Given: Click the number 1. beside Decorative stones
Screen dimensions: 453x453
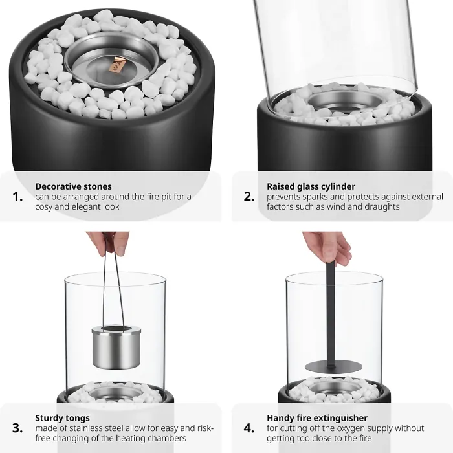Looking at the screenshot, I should pyautogui.click(x=18, y=197).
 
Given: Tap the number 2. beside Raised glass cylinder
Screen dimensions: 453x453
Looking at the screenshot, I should pyautogui.click(x=249, y=197).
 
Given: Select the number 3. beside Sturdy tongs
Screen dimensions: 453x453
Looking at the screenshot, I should pyautogui.click(x=18, y=428).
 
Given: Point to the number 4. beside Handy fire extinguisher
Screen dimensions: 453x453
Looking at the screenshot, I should pyautogui.click(x=249, y=428).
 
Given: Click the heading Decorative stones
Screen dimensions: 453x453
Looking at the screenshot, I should pyautogui.click(x=73, y=187).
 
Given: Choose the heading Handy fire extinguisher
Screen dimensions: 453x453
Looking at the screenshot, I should pyautogui.click(x=317, y=418).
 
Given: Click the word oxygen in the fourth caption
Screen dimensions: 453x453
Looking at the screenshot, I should pyautogui.click(x=357, y=428).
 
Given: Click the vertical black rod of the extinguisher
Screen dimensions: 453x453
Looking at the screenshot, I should pyautogui.click(x=331, y=311).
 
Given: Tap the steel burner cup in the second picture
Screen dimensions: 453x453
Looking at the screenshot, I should pyautogui.click(x=342, y=102).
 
